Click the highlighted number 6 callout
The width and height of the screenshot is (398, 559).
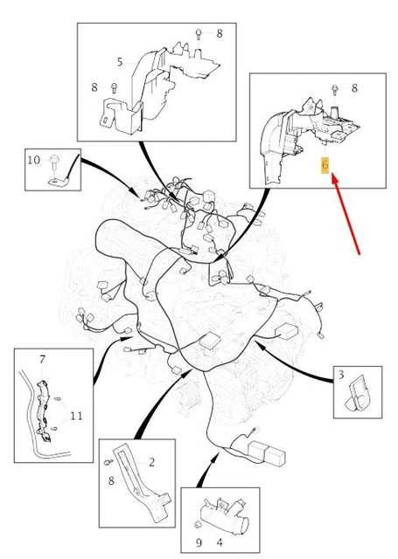click(x=325, y=165)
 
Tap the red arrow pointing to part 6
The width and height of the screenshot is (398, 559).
click(x=346, y=213)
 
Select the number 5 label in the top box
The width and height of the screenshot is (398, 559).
click(x=120, y=62)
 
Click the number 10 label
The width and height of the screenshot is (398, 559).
click(x=34, y=160)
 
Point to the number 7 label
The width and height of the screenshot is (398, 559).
click(x=43, y=359)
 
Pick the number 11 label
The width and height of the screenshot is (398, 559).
click(x=76, y=416)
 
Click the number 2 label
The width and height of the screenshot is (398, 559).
click(x=151, y=462)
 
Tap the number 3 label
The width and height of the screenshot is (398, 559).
click(x=341, y=375)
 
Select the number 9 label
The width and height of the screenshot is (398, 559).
click(x=199, y=542)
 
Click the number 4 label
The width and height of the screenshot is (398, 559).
click(x=220, y=542)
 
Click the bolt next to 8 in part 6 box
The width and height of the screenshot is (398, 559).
click(x=334, y=89)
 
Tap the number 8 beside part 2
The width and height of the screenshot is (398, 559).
click(x=111, y=480)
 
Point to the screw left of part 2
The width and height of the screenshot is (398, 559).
click(x=108, y=462)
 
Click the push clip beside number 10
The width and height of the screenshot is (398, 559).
click(x=54, y=162)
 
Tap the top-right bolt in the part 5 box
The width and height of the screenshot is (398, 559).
click(x=199, y=35)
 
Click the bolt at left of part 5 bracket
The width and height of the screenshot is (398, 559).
click(x=114, y=87)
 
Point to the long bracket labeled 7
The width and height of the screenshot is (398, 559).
click(x=44, y=411)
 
